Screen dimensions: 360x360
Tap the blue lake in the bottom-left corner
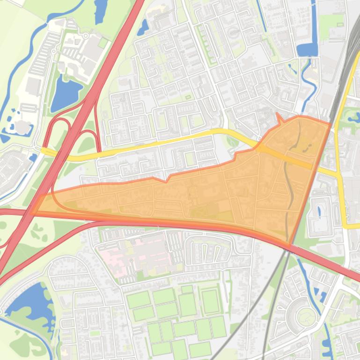click(28, 304)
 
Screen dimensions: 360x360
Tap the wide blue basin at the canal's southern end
click(307, 49)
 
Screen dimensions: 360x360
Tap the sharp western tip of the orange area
click(33, 213)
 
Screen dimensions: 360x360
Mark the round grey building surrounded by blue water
click(21, 126)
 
